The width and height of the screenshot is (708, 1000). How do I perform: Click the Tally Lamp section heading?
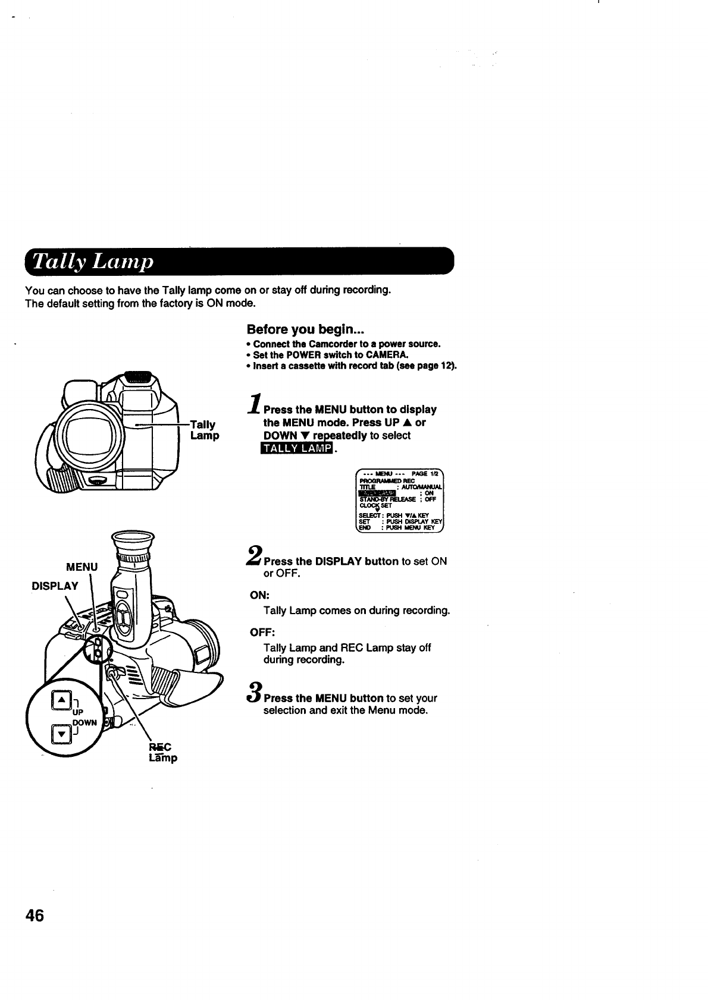point(93,262)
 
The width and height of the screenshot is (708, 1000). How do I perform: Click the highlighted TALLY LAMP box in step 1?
point(293,448)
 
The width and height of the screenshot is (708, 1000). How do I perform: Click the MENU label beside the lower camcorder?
point(82,567)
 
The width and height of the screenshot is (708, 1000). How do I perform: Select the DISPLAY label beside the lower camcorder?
point(55,586)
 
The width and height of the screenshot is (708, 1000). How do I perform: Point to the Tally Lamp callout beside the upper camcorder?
point(203,430)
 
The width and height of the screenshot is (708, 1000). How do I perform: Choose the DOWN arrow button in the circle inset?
point(61,734)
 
